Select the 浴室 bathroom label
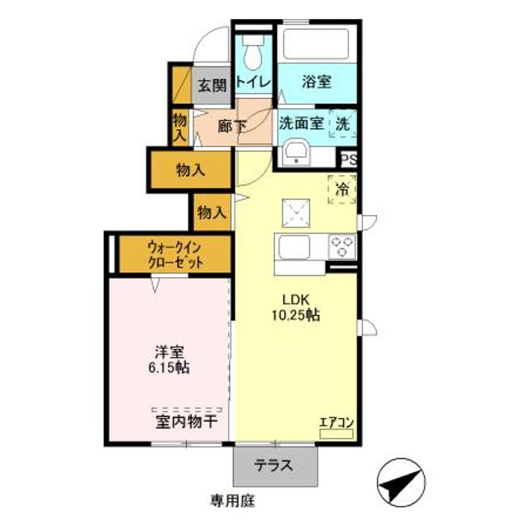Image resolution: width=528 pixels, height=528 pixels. [x=316, y=81]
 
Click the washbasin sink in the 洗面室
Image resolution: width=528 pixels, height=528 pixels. [x=297, y=152]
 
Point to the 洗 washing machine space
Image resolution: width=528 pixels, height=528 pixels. [x=343, y=124]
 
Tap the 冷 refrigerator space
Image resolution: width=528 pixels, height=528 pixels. [x=342, y=189]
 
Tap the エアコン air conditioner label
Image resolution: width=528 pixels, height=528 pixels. [x=337, y=422]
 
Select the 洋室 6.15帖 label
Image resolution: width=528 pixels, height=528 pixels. [x=168, y=359]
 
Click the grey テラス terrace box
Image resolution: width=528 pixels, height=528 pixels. [x=275, y=464]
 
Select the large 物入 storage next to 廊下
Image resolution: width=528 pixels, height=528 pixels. [x=190, y=170]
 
